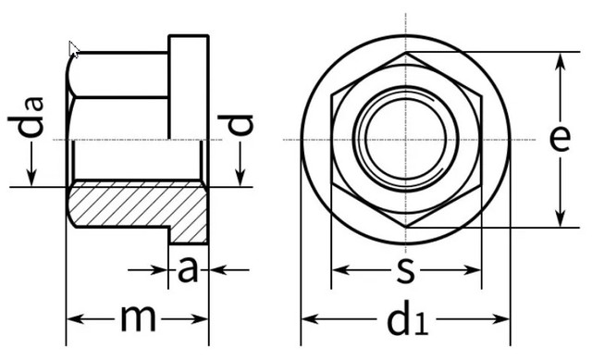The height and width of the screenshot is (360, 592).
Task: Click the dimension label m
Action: (138, 318)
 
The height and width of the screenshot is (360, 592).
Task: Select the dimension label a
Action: (188, 269)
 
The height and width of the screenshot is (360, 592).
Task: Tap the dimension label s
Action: (405, 270)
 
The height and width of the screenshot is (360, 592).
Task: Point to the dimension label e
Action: (560, 139)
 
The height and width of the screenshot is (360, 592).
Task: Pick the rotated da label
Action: (26, 118)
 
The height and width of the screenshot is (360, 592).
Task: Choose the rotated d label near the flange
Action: (235, 124)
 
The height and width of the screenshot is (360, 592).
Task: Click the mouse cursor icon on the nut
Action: (74, 49)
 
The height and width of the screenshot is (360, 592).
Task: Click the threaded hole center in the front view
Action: (406, 140)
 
